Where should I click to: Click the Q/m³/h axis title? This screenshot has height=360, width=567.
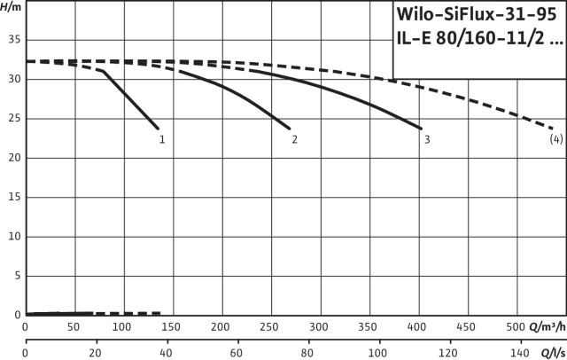(547, 326)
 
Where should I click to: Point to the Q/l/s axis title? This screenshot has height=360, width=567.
(552, 352)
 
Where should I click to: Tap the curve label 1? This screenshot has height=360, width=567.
(162, 139)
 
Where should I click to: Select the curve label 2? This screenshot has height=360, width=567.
(294, 139)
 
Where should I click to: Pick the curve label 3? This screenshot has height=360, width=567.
(427, 139)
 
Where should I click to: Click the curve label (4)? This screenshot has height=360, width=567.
(555, 139)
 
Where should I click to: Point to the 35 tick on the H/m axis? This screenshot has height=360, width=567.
(12, 40)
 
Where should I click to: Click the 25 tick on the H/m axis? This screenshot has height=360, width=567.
(12, 119)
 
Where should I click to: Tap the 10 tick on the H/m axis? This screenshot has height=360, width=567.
(12, 237)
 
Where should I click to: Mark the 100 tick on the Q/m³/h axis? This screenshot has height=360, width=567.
(123, 326)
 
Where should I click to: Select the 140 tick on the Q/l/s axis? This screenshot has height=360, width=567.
(520, 352)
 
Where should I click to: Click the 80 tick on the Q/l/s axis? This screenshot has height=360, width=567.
(307, 352)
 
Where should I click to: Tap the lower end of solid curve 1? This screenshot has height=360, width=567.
(158, 128)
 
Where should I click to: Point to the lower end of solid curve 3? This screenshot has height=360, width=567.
(421, 129)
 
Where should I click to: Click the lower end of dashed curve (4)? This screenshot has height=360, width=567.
(553, 129)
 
